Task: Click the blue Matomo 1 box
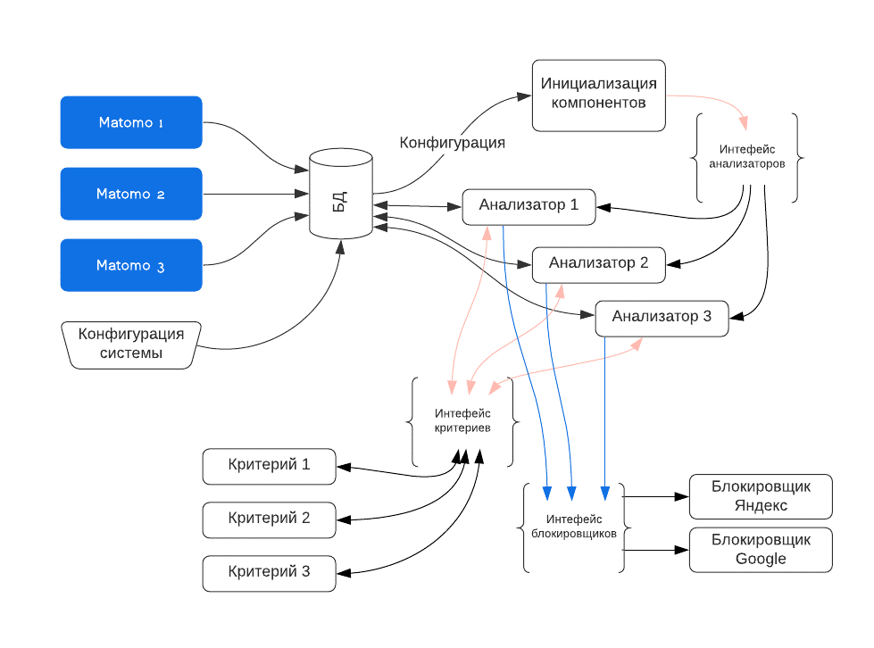click(131, 122)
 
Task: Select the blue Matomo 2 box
click(131, 194)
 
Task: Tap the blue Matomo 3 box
click(131, 265)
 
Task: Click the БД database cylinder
click(340, 194)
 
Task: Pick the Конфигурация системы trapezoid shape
click(131, 345)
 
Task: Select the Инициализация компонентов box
click(599, 96)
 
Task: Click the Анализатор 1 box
click(529, 207)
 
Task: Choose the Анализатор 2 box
click(599, 265)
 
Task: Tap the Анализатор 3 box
click(662, 318)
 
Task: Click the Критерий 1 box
click(269, 466)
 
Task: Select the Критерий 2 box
click(269, 519)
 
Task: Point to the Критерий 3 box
click(269, 573)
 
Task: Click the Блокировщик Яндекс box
click(761, 496)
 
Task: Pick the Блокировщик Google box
click(761, 550)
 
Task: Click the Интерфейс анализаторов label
click(747, 156)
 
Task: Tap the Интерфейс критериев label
click(462, 420)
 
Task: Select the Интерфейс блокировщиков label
click(574, 527)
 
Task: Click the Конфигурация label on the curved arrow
click(452, 143)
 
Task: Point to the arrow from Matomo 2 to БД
click(256, 194)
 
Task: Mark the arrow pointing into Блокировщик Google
click(655, 550)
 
